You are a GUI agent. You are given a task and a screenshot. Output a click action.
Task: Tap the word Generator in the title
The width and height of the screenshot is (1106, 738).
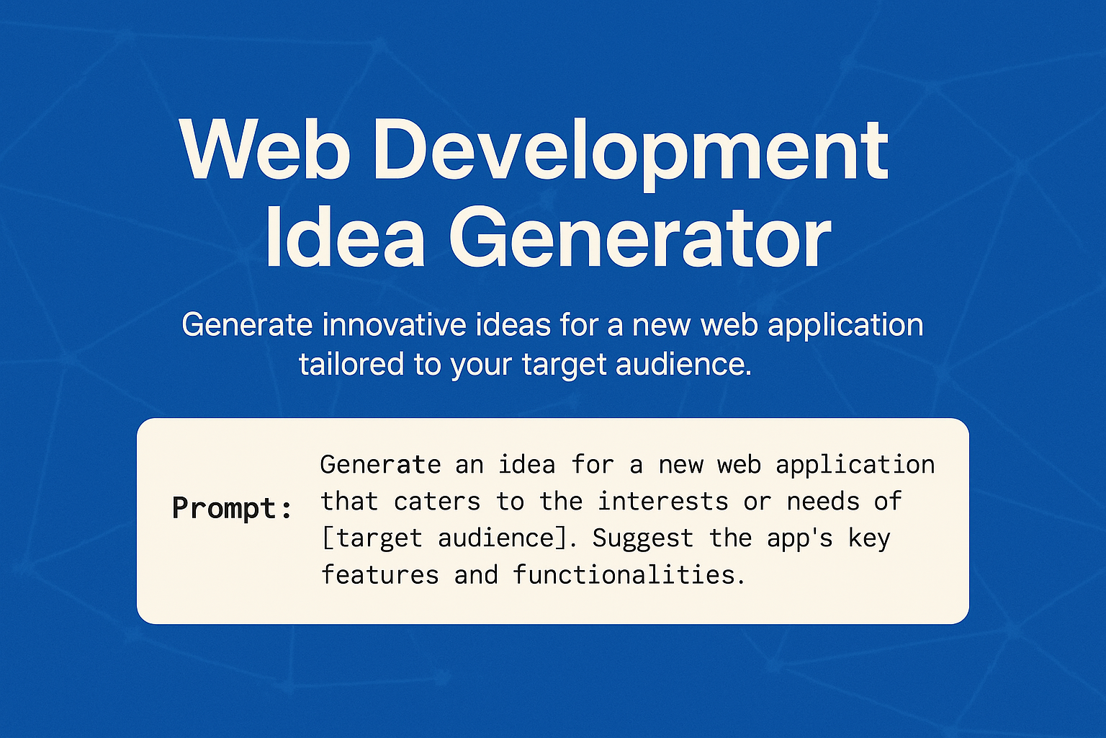coord(641,238)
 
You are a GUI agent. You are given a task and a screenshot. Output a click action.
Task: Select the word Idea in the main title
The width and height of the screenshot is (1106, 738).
coord(345,238)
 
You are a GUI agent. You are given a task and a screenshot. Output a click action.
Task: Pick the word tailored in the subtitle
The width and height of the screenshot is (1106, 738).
coord(351,364)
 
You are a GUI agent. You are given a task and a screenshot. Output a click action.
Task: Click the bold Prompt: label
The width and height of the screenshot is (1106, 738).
coord(232,509)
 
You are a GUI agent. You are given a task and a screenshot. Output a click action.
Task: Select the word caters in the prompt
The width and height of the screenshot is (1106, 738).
coord(437,502)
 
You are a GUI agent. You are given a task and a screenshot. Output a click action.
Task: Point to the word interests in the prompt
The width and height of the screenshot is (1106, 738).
coord(663,502)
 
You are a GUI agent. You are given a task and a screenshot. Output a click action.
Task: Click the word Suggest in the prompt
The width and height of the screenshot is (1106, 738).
coord(642,538)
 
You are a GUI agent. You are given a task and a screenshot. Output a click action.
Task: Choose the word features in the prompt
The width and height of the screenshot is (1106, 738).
coord(379,575)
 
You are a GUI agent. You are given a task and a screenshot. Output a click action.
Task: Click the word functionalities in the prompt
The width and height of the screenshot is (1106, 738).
coord(628,575)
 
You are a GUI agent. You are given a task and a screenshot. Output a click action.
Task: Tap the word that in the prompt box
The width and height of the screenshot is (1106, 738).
coord(349,502)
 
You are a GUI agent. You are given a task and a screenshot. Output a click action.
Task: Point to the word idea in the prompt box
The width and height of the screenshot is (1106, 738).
coord(527,465)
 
